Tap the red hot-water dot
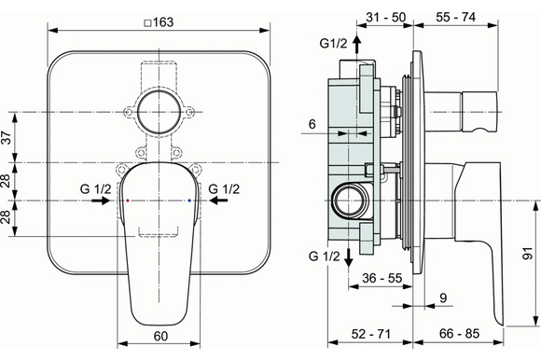128,201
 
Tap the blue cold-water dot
189,201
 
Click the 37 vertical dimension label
7,138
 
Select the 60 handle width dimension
160,336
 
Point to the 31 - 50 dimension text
386,17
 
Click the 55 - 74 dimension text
455,17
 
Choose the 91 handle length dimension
528,254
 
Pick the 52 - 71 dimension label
371,334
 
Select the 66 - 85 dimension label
459,334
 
